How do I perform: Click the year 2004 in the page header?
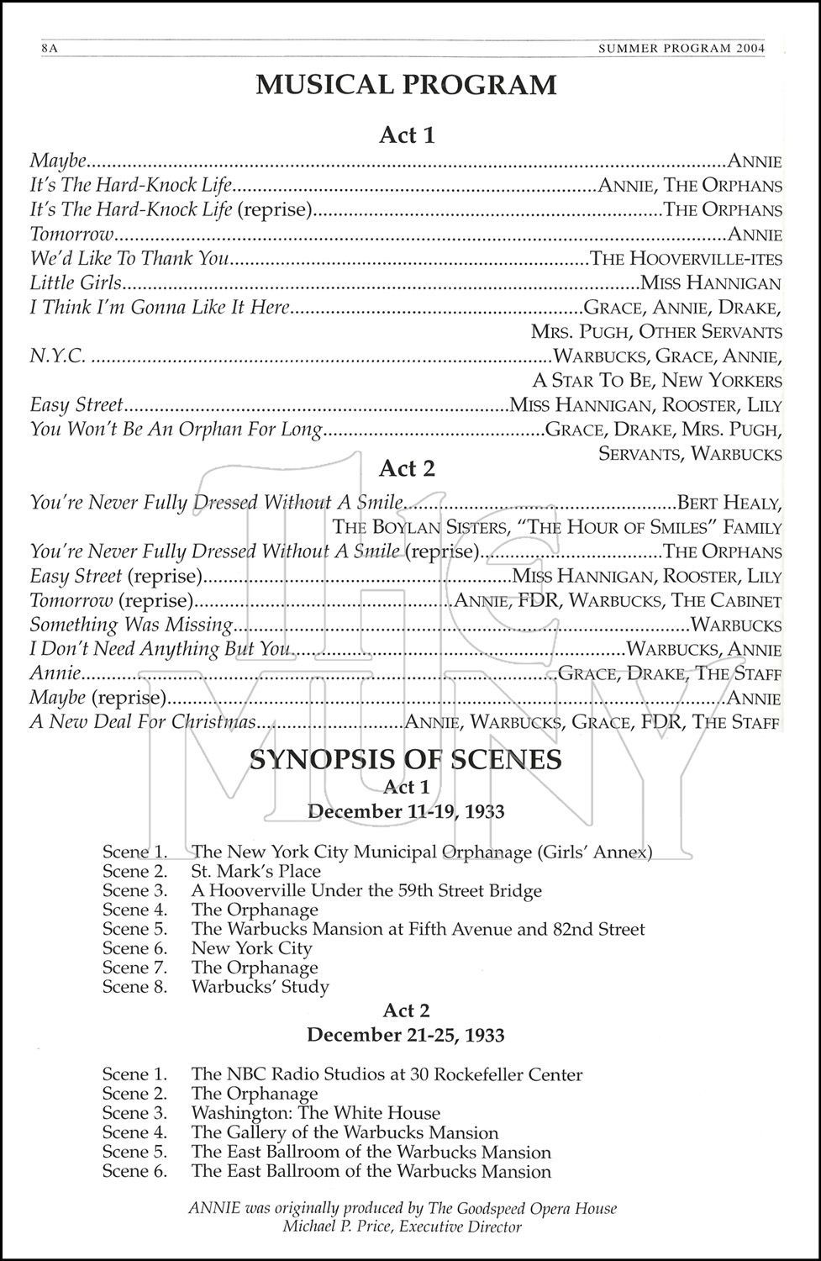748,49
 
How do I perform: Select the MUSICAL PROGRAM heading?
407,85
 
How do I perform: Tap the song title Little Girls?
76,283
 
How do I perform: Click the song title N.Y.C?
57,356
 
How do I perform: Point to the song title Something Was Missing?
131,625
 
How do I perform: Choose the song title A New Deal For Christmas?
142,722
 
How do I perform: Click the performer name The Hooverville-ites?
686,259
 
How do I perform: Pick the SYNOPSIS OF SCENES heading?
406,760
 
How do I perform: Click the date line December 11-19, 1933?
406,811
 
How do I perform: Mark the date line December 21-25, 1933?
406,1035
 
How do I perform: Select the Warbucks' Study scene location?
261,987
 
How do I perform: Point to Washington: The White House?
316,1113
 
